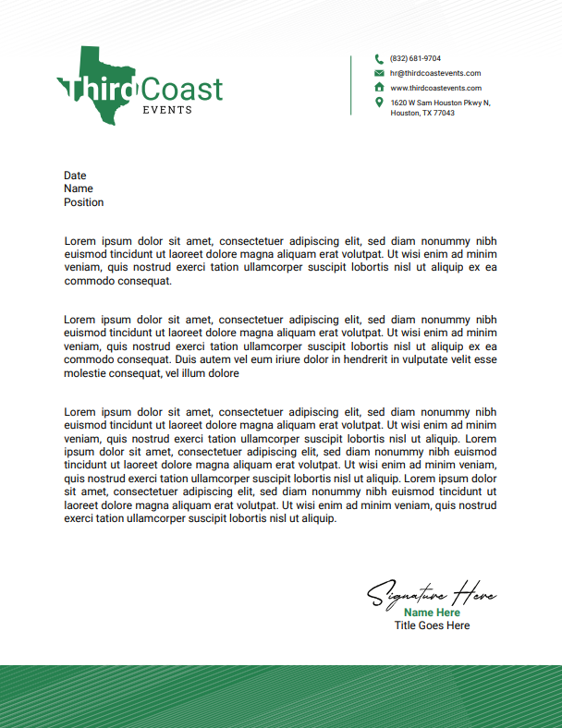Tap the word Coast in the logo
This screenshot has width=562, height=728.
[x=182, y=89]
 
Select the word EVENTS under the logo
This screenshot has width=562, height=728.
[x=167, y=110]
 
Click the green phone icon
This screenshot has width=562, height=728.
[x=379, y=58]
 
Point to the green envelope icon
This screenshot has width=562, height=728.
[x=379, y=73]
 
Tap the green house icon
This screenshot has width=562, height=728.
[x=379, y=88]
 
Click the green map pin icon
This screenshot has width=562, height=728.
[x=379, y=103]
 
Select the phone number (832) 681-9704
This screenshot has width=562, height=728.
[x=415, y=58]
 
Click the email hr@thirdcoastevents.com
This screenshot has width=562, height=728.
[x=434, y=73]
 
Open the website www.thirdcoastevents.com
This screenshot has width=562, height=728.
[x=435, y=88]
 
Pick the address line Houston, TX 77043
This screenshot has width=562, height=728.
[x=422, y=113]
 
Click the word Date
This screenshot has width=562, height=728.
[x=75, y=176]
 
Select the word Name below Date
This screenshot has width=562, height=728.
[x=79, y=188]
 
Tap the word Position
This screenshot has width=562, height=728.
[x=83, y=202]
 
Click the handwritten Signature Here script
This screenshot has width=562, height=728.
[x=432, y=593]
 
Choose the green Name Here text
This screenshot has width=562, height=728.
[x=432, y=613]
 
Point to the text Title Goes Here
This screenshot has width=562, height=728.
[x=432, y=625]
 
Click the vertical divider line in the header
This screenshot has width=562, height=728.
[x=350, y=85]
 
